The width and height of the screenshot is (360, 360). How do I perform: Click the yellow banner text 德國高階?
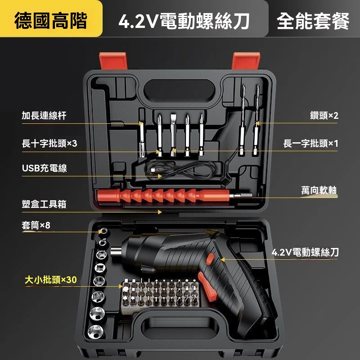[51, 21]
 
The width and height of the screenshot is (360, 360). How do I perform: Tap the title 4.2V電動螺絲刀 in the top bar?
[184, 21]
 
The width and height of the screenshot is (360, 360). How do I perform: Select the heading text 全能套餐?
[313, 21]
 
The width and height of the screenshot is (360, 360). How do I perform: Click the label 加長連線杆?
[44, 116]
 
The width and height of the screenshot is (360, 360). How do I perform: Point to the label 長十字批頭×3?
[49, 144]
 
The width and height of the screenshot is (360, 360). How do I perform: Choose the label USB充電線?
[45, 168]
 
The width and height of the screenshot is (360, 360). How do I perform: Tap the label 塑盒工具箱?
[44, 204]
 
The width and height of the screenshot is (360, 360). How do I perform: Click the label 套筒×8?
[36, 225]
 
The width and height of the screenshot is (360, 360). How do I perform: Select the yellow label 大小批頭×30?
[51, 280]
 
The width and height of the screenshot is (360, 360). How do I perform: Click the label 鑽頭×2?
[324, 116]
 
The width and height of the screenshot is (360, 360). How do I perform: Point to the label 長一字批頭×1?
[310, 144]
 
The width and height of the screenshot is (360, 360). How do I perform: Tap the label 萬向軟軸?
[319, 190]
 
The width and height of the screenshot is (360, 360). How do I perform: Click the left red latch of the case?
[113, 61]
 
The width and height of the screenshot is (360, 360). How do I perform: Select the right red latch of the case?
[246, 61]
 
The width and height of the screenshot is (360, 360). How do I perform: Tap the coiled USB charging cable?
[180, 170]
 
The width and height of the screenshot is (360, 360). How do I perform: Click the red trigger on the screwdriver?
[207, 286]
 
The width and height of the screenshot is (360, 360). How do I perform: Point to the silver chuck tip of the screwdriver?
[116, 251]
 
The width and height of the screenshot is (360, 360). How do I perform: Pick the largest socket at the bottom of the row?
[96, 332]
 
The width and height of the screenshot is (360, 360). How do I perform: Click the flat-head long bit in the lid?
[173, 135]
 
